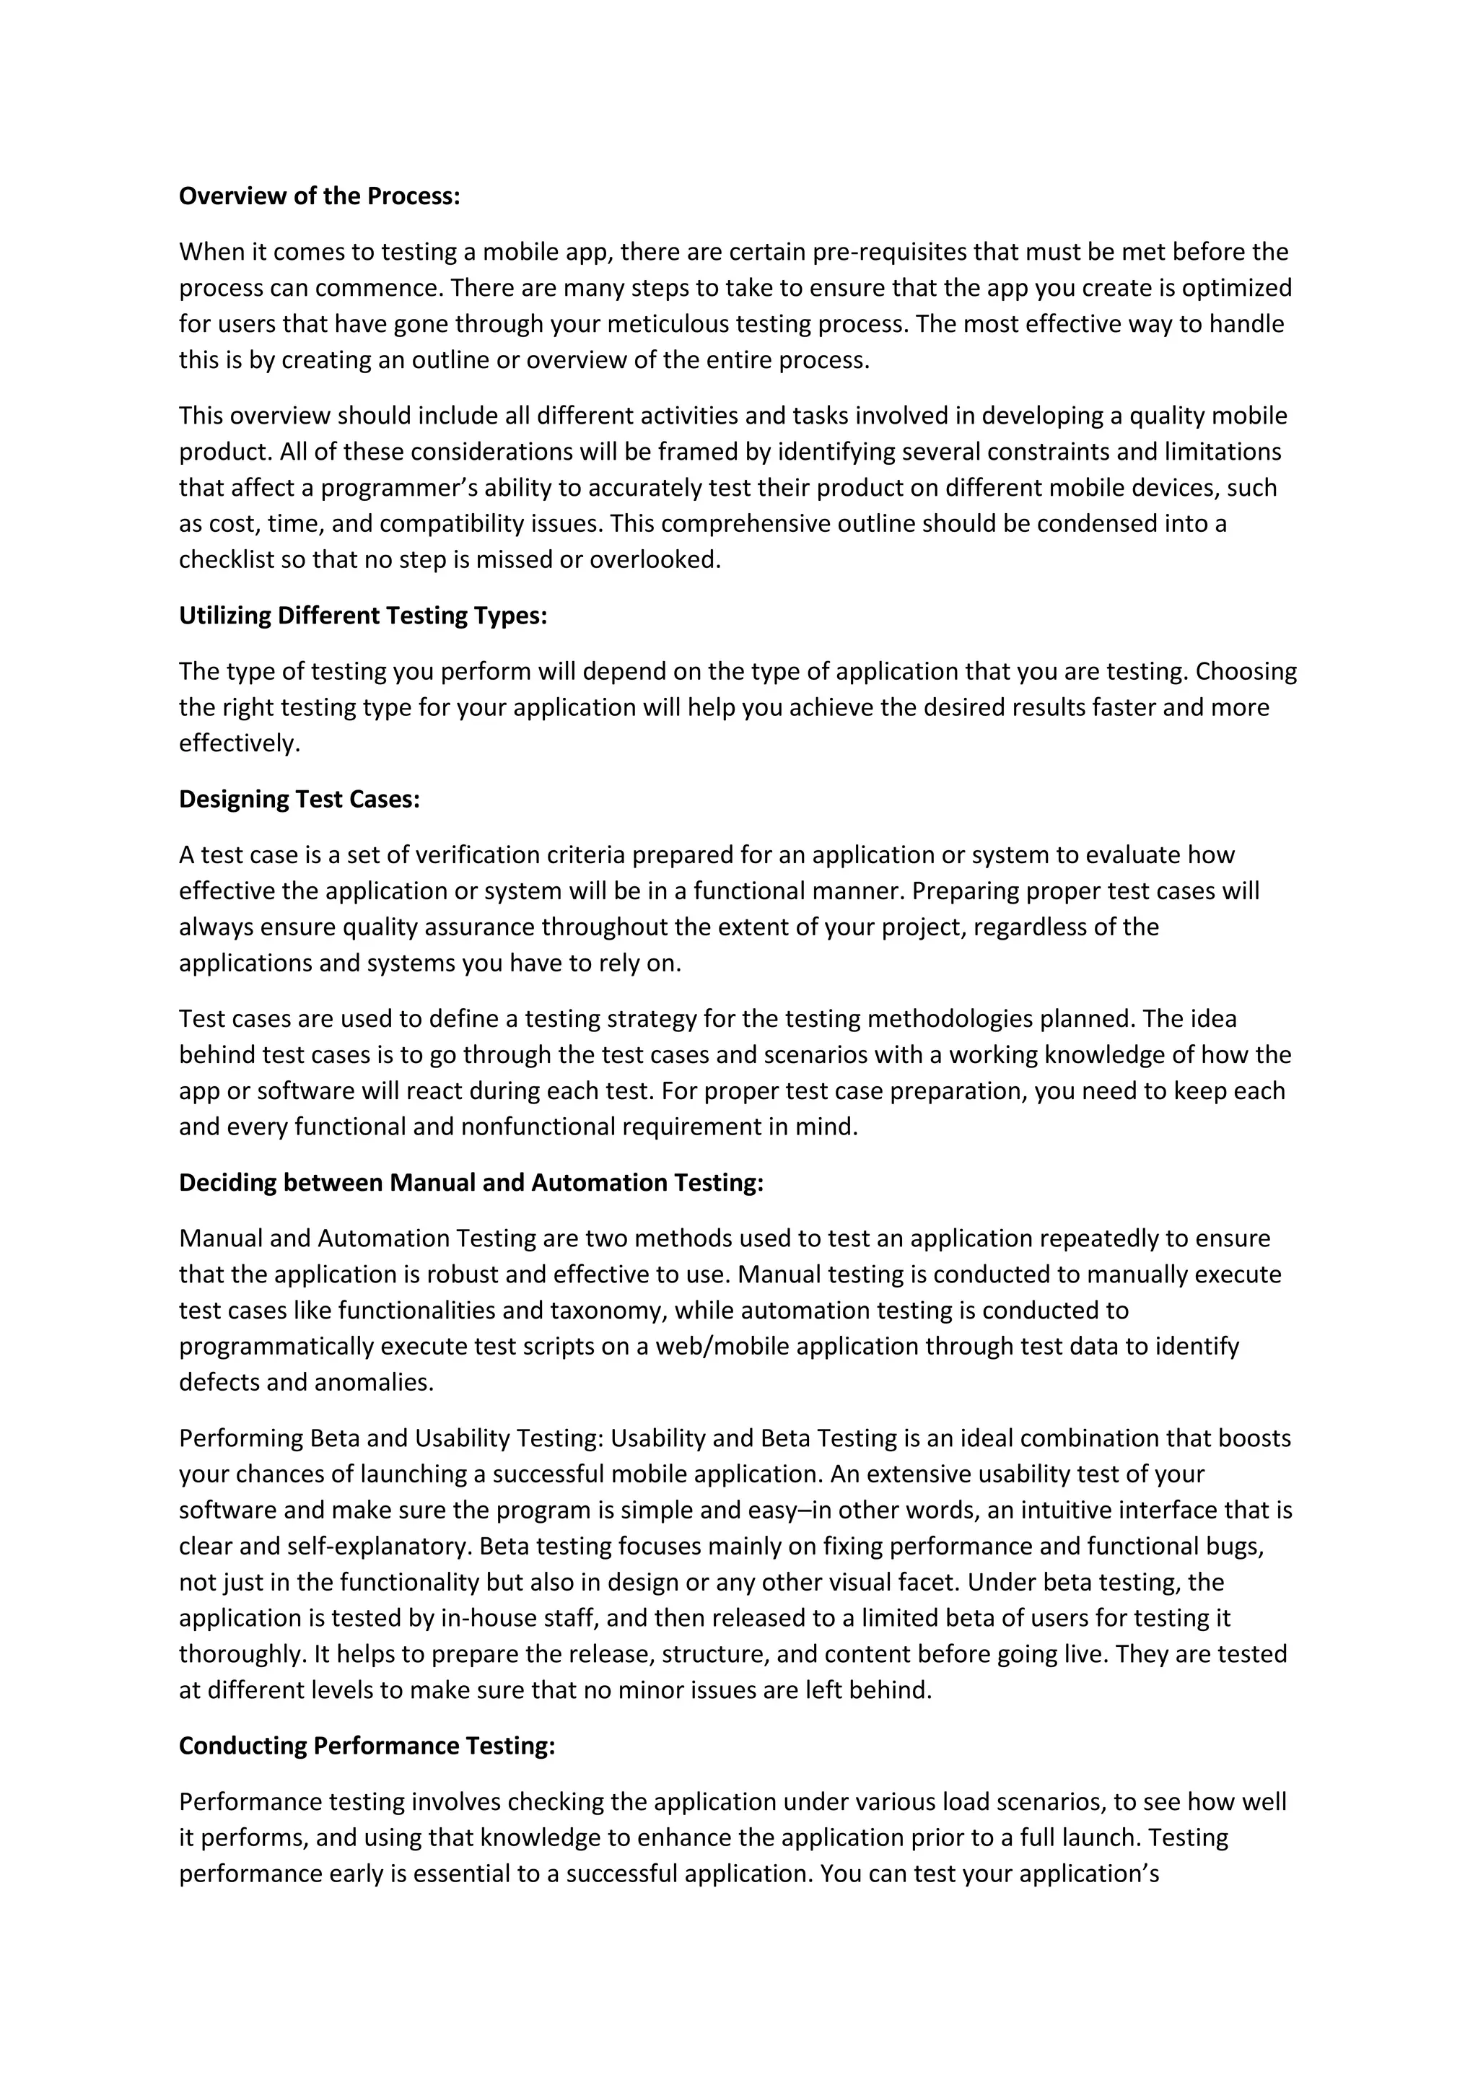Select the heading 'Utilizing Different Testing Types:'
point(362,616)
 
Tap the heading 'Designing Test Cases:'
point(299,798)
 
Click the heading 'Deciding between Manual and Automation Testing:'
point(471,1181)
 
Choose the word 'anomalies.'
point(374,1382)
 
